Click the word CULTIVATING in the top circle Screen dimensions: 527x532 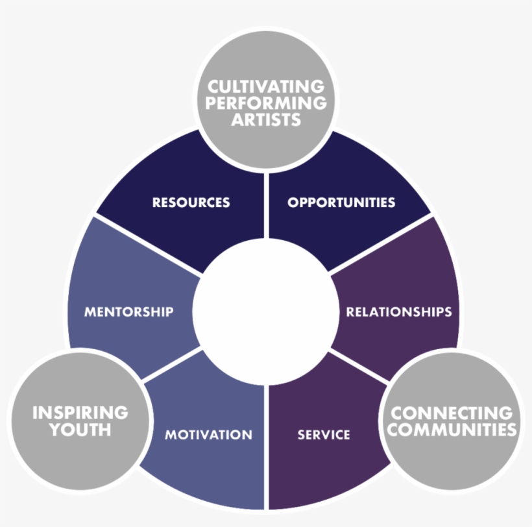(266, 86)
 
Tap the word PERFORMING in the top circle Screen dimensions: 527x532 (266, 103)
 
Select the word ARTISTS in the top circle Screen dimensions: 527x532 (266, 119)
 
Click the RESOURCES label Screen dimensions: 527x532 (191, 202)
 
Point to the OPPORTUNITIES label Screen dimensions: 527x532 (341, 202)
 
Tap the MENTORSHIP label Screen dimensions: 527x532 (128, 312)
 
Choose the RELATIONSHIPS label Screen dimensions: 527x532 (398, 312)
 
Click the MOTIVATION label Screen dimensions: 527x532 (208, 435)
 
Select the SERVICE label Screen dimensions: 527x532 (324, 435)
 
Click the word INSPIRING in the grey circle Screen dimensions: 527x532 (80, 412)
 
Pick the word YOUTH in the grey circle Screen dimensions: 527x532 (80, 429)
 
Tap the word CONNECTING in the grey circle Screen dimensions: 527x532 (452, 412)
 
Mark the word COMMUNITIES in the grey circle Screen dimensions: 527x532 (452, 429)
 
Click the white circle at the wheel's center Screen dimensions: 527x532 (266, 312)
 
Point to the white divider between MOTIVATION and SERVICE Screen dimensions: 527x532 (266, 441)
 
